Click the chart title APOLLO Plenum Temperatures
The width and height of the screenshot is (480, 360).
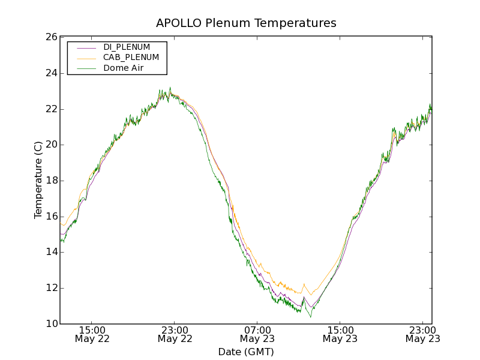pos(246,23)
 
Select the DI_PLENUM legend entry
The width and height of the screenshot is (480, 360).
pos(127,47)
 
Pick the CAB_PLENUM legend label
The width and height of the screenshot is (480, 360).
pos(131,58)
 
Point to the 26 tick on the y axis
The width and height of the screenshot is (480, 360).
pos(50,37)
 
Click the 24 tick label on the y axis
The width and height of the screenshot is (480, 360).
pos(50,73)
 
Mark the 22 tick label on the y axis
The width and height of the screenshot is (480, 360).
pos(50,109)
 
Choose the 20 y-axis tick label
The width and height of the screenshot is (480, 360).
pos(50,145)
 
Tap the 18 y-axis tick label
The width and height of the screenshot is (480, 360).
pos(50,181)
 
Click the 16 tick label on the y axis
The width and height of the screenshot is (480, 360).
pos(50,217)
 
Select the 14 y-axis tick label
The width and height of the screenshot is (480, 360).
pos(50,252)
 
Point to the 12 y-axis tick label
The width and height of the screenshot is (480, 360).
pos(50,288)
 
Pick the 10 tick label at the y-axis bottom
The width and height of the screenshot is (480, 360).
pos(50,324)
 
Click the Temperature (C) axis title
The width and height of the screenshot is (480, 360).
pos(38,180)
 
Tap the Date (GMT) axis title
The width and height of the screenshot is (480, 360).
pos(246,352)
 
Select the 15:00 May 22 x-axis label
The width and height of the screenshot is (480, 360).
pos(92,334)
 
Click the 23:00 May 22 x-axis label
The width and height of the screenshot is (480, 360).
pos(175,334)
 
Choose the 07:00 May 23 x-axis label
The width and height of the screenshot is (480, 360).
pos(257,334)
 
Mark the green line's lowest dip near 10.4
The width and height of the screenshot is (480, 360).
pos(310,316)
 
